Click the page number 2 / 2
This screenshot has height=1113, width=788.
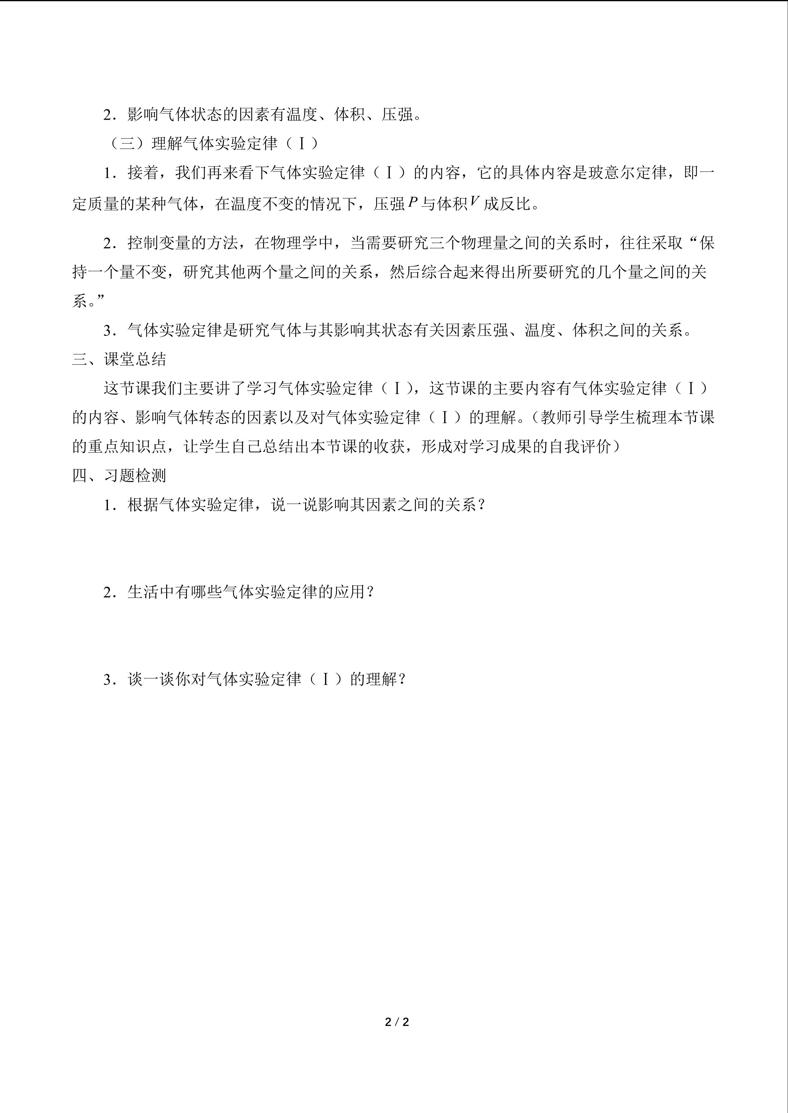(396, 1022)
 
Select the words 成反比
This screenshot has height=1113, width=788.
(507, 204)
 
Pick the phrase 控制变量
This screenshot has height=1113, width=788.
(159, 243)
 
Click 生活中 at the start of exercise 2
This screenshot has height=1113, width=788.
(151, 592)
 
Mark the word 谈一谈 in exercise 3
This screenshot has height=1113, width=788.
(151, 679)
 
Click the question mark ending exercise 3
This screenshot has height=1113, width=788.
(401, 679)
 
